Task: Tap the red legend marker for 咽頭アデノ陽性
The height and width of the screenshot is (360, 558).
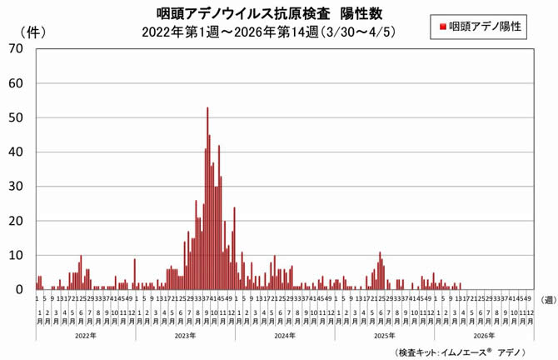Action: click(442, 27)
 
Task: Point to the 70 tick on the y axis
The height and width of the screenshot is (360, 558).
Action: click(16, 49)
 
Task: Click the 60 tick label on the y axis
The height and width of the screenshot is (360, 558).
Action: click(16, 83)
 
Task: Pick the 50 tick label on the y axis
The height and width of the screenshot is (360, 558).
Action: click(16, 117)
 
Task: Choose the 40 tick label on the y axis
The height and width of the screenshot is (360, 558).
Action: click(16, 152)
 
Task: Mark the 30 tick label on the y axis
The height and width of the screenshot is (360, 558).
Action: click(16, 187)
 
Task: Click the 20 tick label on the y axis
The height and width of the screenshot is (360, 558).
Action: click(16, 221)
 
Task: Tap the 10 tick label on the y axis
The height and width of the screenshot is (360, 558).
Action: click(16, 255)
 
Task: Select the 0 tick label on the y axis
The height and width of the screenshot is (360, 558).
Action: click(19, 289)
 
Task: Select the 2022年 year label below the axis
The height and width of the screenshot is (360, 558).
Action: click(85, 335)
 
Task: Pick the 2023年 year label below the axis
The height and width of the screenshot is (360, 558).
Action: click(184, 335)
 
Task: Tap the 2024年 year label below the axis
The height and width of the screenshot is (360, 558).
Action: click(284, 335)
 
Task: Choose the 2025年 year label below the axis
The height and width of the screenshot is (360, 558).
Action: click(383, 335)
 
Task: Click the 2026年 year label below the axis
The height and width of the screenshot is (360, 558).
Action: click(483, 335)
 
